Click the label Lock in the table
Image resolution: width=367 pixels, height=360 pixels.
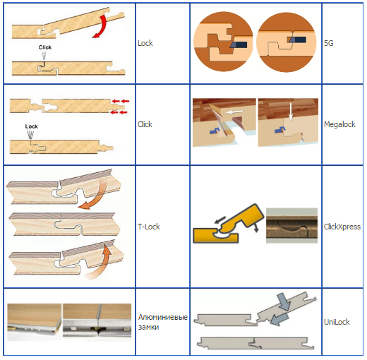145,43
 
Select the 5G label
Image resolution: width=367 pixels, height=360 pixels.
329,43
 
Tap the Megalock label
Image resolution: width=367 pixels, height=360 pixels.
339,124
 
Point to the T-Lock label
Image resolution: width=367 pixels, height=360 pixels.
149,227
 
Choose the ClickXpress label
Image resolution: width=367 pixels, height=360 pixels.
342,227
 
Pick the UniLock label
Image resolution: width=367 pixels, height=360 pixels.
337,322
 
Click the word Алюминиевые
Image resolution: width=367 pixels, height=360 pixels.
163,317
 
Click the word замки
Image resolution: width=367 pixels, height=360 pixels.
148,327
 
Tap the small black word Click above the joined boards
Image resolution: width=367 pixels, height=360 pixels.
45,47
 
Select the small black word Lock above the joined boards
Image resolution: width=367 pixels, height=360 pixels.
31,126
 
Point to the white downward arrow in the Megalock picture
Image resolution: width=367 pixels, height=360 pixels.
291,112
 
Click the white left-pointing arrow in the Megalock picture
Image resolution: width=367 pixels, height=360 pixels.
234,112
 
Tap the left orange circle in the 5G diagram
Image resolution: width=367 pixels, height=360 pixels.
223,42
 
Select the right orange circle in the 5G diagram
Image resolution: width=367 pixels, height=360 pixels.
286,42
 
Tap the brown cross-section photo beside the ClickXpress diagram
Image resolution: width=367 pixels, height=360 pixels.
291,225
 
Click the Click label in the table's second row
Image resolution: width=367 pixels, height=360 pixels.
145,124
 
